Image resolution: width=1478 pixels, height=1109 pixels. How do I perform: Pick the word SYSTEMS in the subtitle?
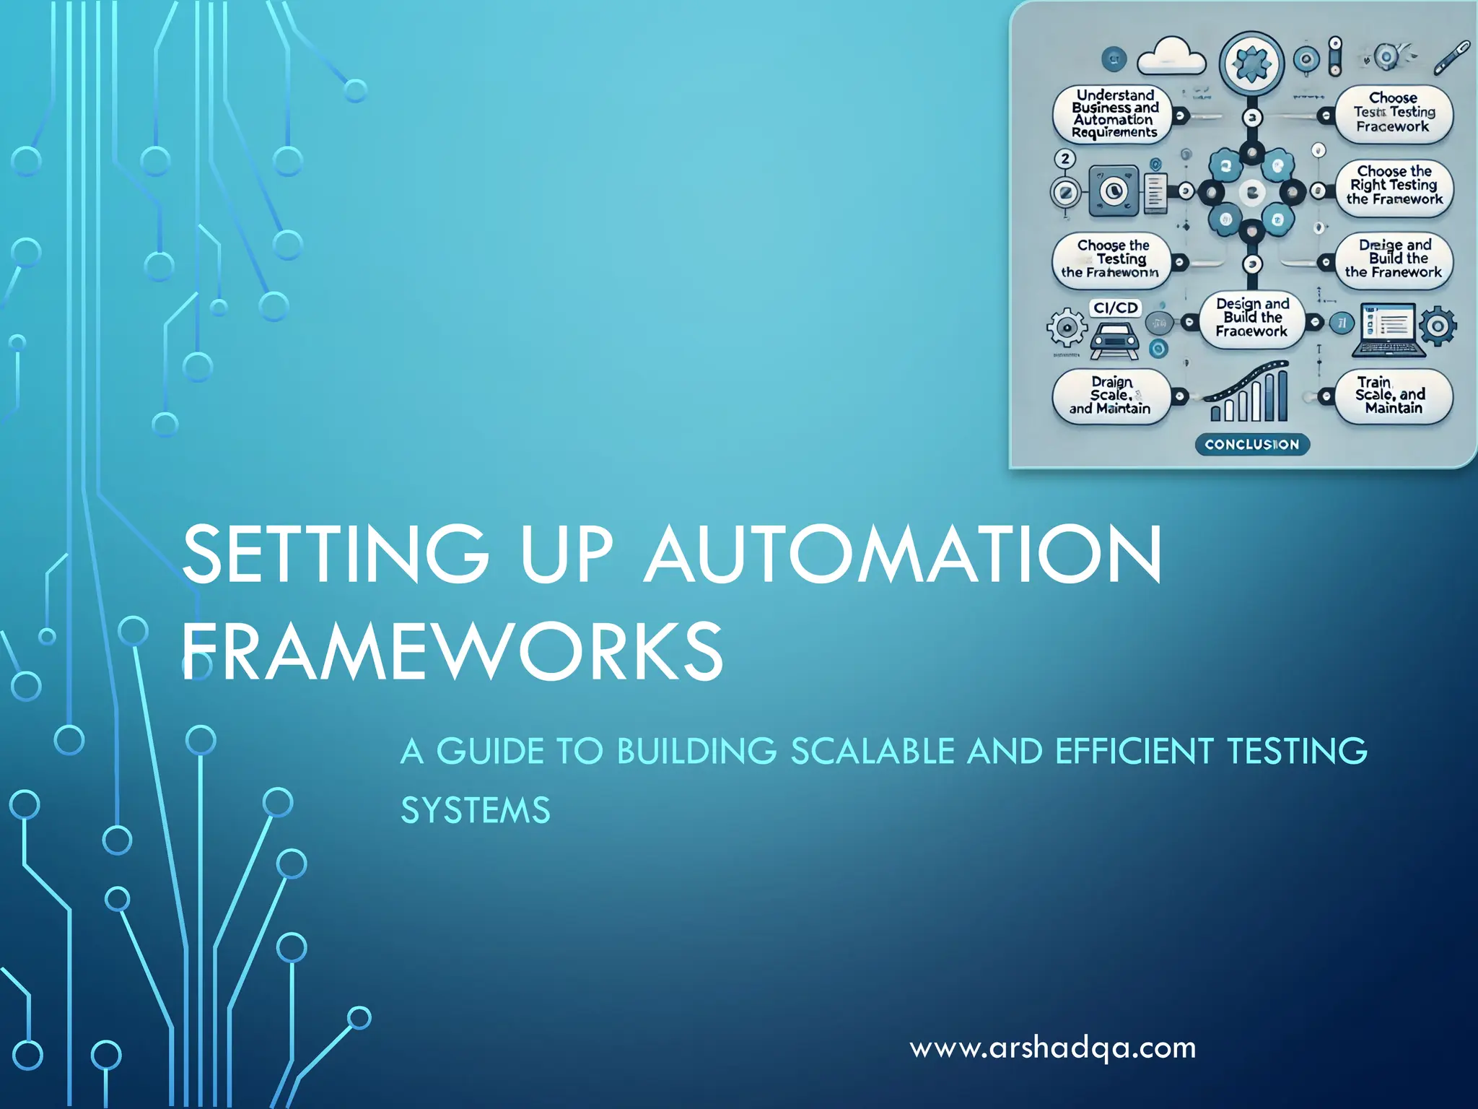point(476,811)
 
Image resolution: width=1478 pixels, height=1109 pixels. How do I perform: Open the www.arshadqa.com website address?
point(1053,1048)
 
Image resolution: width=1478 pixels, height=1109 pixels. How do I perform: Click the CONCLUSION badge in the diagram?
point(1251,445)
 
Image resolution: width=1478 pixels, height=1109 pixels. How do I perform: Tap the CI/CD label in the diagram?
point(1115,308)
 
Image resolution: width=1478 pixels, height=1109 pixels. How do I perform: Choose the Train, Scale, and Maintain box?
point(1392,396)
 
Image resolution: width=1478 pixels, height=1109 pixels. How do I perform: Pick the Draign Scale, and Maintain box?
point(1111,396)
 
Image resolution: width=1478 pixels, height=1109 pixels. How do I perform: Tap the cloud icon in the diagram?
point(1171,56)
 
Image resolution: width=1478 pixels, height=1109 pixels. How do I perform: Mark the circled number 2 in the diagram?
point(1064,159)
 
